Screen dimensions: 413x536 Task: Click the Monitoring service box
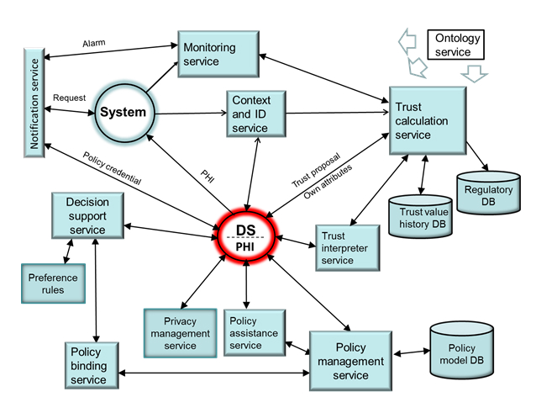tap(216, 53)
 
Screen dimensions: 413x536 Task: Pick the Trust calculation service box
tap(427, 120)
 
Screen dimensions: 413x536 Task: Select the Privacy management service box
tap(180, 332)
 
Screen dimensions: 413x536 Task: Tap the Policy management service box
tap(350, 360)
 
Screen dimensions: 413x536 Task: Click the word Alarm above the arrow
tap(94, 43)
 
